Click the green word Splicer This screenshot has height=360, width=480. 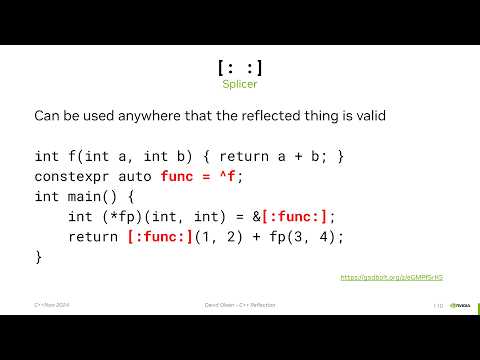(240, 85)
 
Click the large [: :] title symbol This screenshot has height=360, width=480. (240, 68)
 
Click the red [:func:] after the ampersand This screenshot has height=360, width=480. (298, 216)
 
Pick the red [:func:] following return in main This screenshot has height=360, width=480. (160, 237)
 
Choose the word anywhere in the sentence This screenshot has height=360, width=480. (143, 116)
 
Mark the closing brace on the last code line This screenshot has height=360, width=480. (39, 257)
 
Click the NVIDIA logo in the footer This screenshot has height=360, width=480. (459, 305)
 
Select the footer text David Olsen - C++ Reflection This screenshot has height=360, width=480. (240, 305)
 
